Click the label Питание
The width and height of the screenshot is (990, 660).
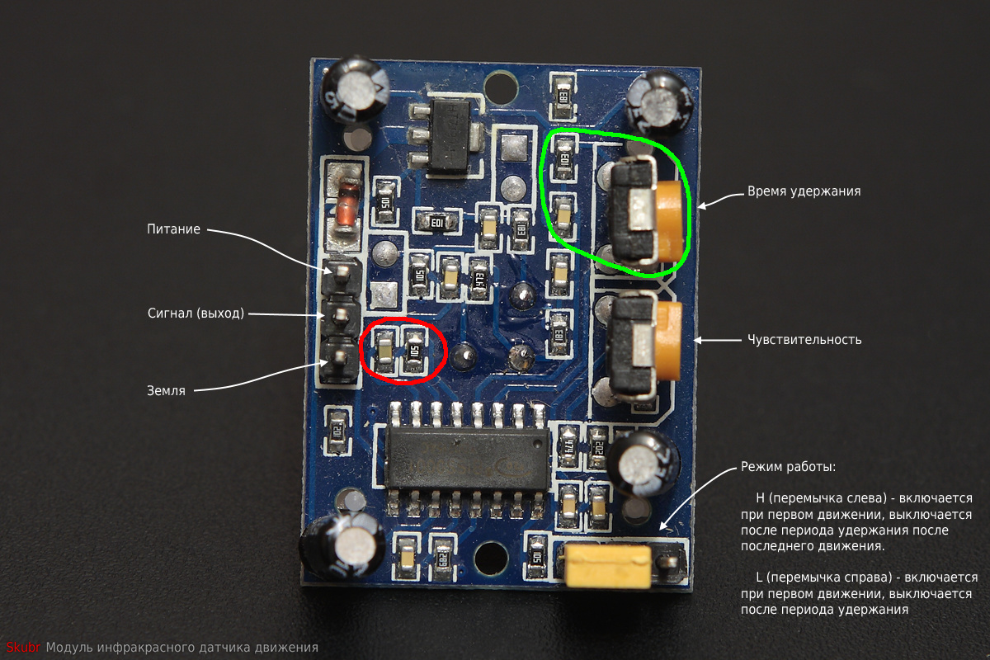[174, 229]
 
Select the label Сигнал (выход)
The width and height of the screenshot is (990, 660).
[196, 313]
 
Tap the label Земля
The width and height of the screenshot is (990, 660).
[167, 391]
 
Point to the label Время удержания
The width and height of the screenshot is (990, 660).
[804, 191]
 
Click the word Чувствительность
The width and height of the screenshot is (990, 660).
[804, 339]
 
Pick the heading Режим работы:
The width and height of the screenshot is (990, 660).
[788, 467]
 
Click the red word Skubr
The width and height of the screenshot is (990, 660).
[23, 648]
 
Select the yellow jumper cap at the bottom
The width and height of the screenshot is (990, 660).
[607, 565]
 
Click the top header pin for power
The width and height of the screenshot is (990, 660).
[342, 272]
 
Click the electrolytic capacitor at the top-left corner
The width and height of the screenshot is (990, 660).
[356, 88]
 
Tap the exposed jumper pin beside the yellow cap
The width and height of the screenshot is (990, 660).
[669, 562]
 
